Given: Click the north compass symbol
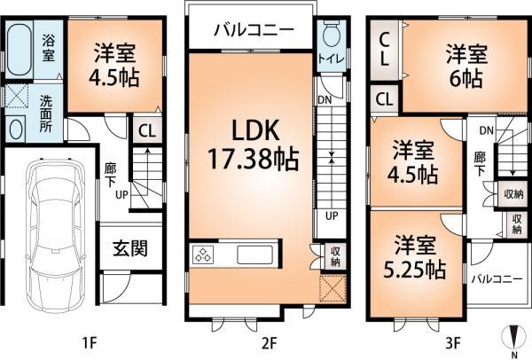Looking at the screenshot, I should coord(512,340).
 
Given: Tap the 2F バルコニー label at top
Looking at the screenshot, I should coord(253,30).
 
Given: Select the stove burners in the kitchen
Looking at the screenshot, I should coord(202,256).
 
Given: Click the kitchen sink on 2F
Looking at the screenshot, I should coord(262,256).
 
